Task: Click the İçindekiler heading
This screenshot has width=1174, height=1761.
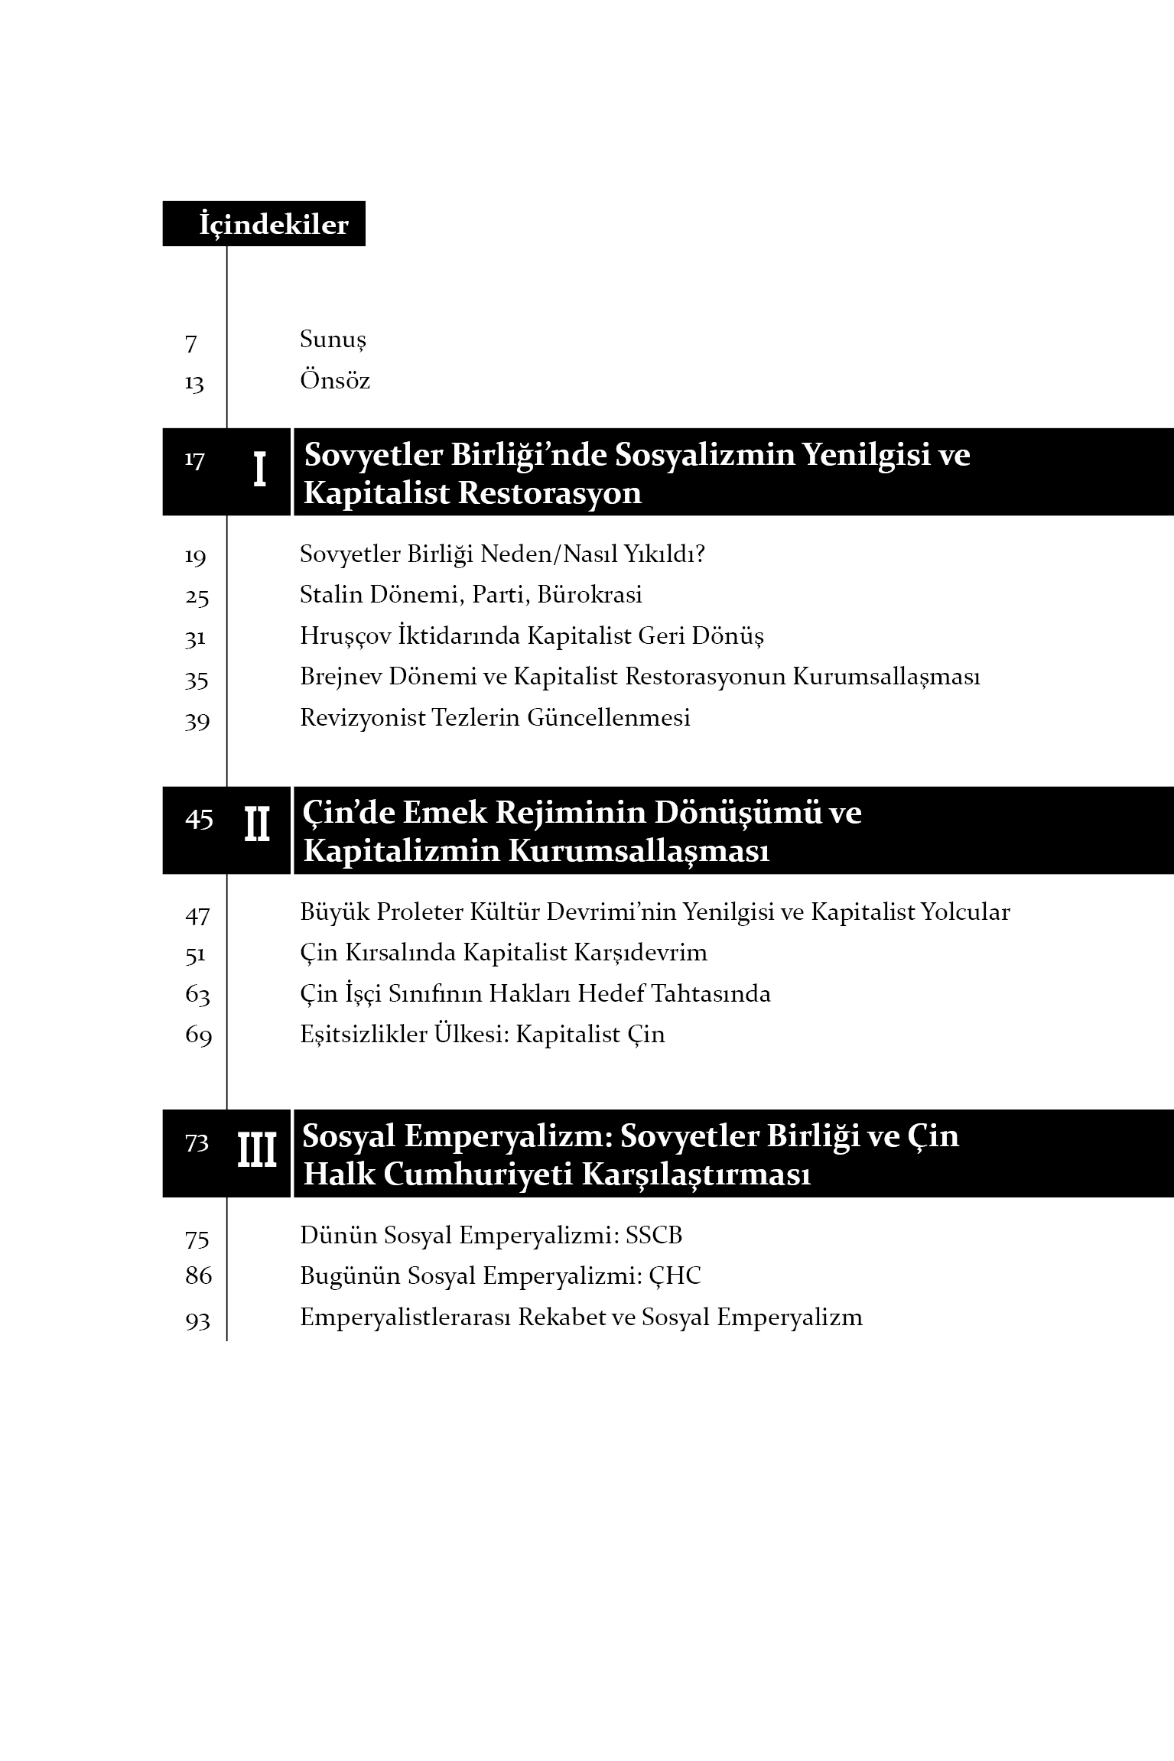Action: point(273,225)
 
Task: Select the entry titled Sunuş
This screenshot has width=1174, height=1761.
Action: point(333,340)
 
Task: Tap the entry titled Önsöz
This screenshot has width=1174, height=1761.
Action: point(334,381)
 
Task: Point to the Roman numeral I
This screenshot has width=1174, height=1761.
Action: point(259,470)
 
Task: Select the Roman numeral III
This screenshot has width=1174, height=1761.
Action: point(256,1151)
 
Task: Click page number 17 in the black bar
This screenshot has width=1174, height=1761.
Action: point(194,460)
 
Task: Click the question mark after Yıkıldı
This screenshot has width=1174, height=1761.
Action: point(698,554)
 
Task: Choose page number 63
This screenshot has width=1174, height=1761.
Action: point(197,995)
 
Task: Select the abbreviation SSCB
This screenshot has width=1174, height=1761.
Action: point(653,1236)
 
